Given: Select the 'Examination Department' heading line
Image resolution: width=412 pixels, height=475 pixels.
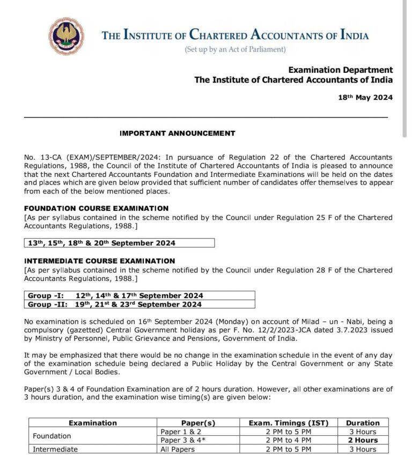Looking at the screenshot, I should click(340, 70).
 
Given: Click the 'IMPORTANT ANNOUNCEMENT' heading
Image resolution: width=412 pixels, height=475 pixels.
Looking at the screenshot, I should click(177, 133).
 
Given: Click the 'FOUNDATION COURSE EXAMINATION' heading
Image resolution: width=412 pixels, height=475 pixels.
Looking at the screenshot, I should click(97, 208).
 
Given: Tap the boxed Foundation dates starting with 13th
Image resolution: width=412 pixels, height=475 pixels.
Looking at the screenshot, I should click(102, 243).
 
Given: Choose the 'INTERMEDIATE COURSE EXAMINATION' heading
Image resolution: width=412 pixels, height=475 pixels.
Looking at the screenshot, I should click(100, 261).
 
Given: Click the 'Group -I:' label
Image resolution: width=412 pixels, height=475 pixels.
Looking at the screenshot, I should click(46, 295).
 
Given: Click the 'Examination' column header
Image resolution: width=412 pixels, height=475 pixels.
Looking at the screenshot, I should click(93, 422).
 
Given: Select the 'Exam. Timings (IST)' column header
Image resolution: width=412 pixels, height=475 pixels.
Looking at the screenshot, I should click(288, 422).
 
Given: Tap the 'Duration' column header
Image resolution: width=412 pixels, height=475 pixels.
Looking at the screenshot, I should click(363, 422).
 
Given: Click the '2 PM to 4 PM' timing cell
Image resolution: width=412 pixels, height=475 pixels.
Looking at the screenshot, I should click(288, 440).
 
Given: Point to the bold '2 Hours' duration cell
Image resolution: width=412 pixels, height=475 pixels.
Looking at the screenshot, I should click(363, 440).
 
